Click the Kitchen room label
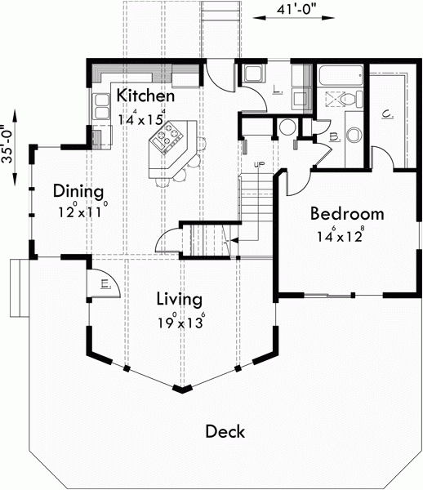(145, 96)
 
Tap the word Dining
(78, 192)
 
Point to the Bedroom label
(346, 214)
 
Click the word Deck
(225, 431)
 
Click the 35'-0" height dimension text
(8, 144)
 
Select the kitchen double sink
(102, 106)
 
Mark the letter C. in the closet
(388, 114)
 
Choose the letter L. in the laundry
(278, 91)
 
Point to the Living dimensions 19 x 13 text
(180, 322)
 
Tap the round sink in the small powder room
(285, 127)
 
